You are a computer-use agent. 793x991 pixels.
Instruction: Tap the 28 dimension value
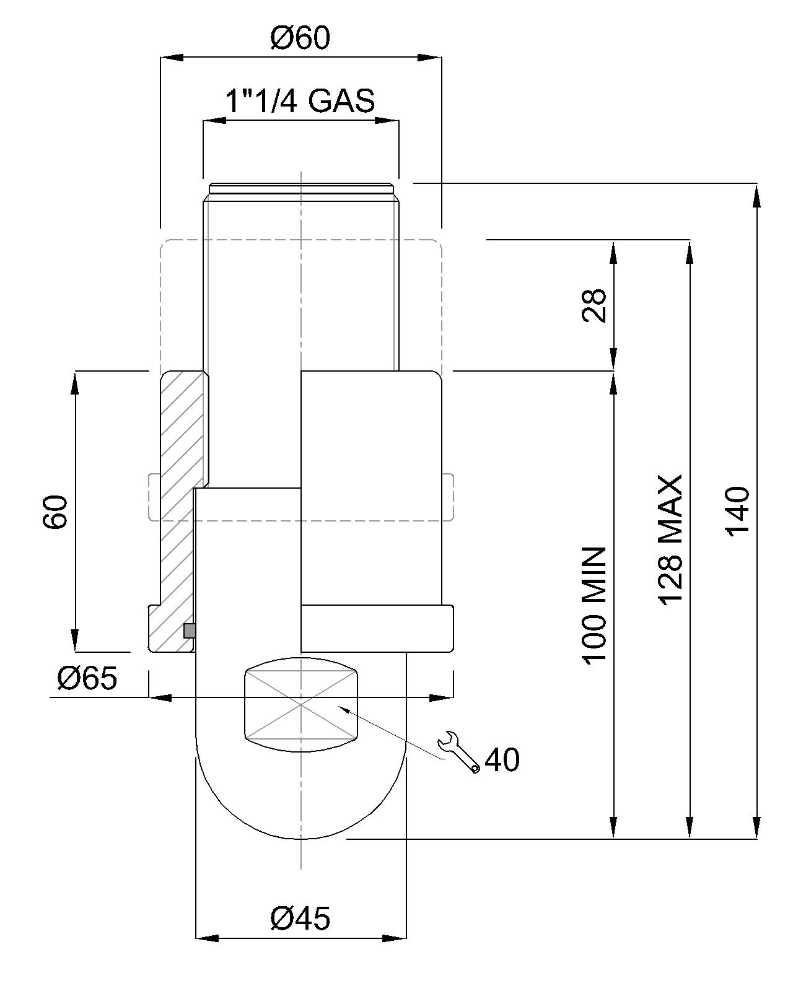(x=594, y=305)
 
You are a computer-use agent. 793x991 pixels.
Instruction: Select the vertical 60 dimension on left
(x=55, y=512)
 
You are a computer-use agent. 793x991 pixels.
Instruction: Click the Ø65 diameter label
(x=87, y=678)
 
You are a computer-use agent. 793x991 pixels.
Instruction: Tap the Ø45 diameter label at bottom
(x=300, y=918)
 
